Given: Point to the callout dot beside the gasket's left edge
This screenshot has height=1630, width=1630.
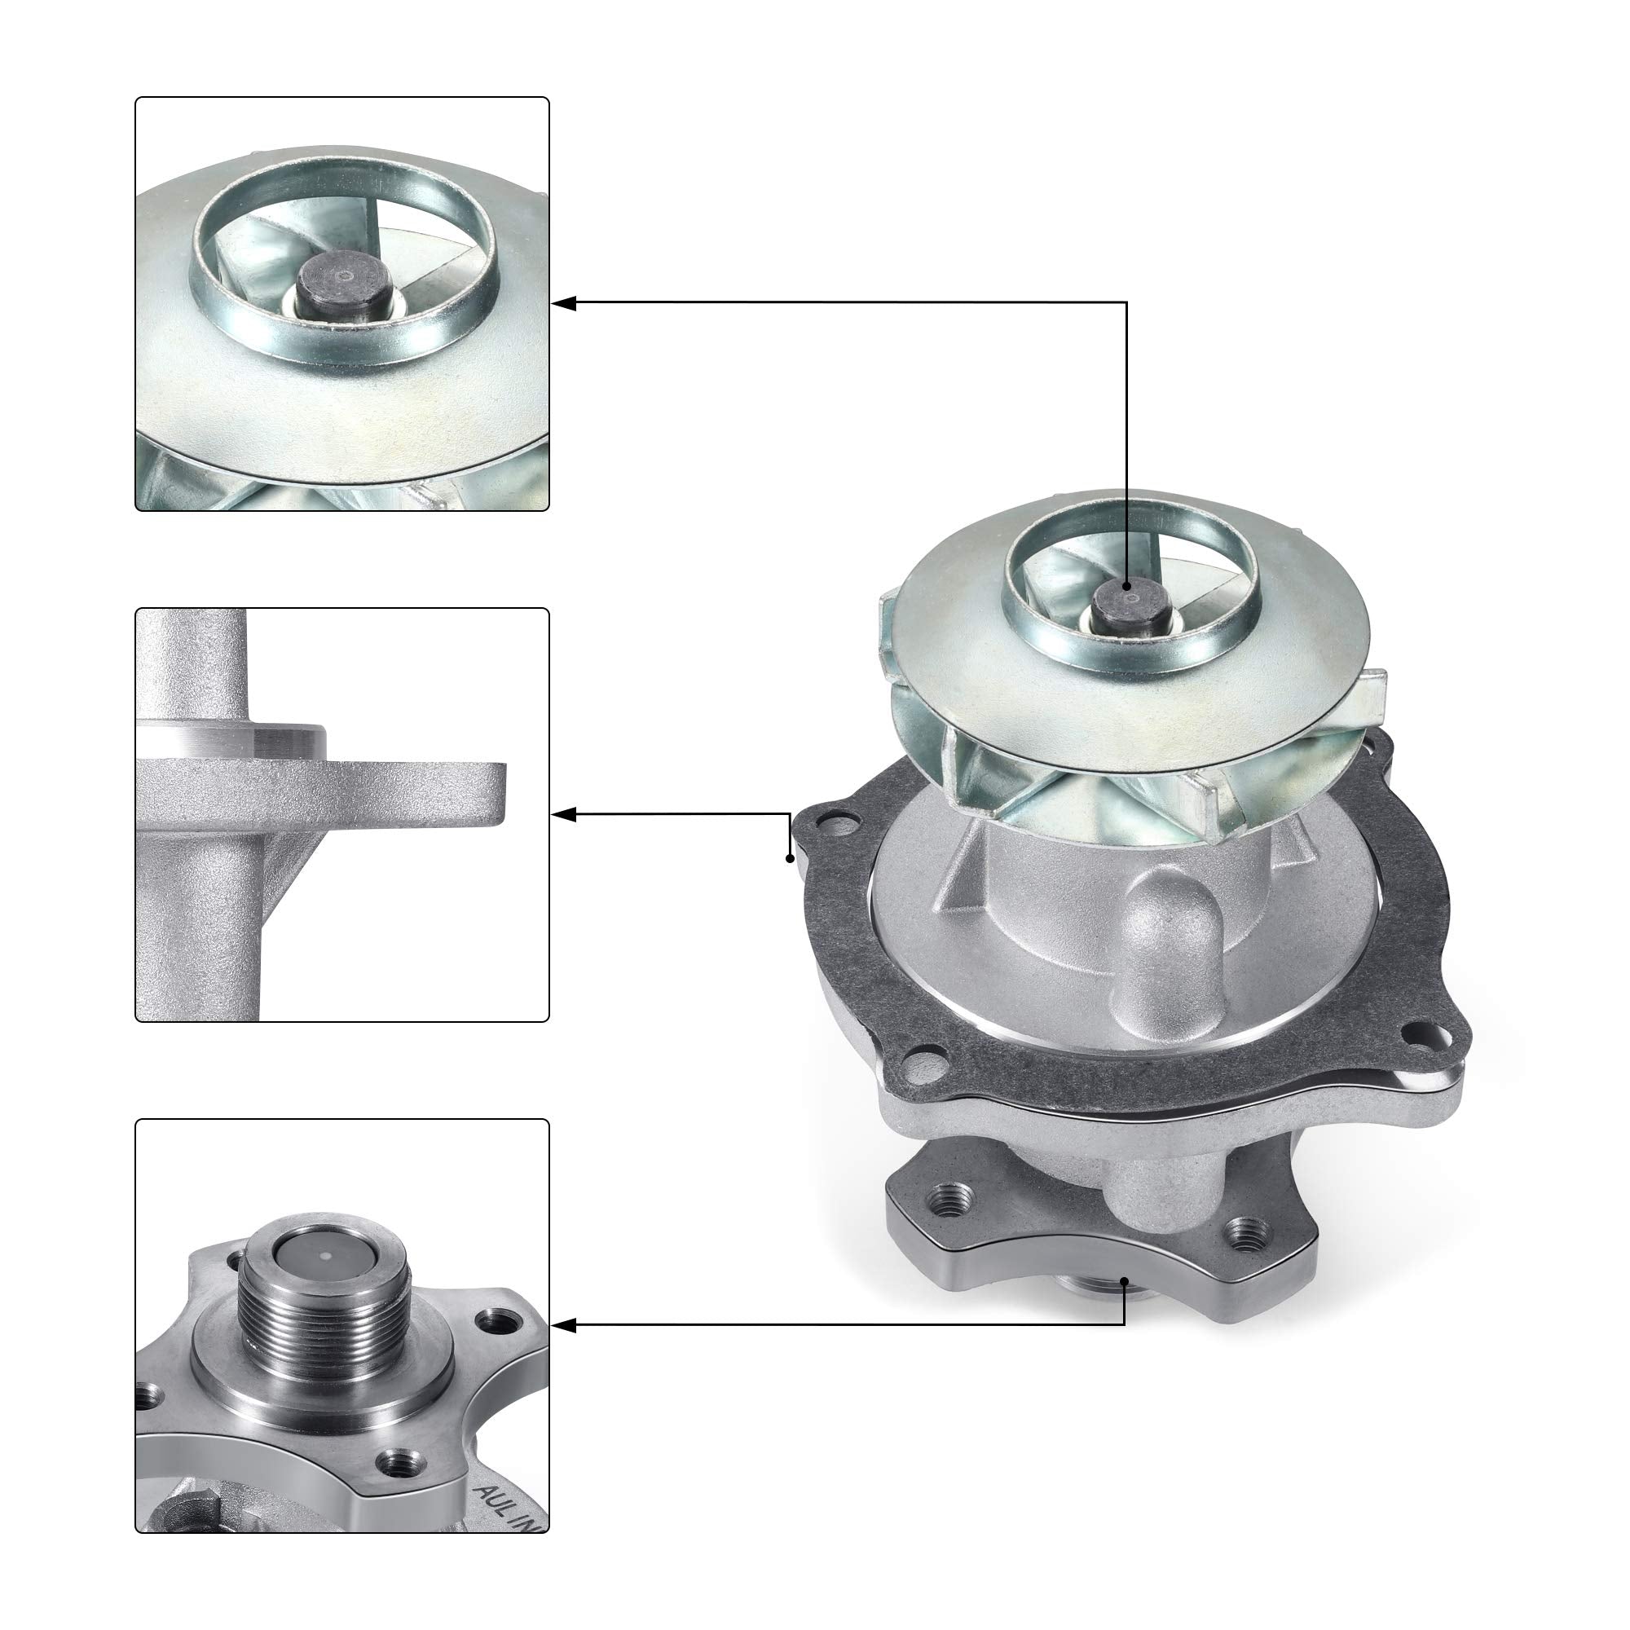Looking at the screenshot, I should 790,859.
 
